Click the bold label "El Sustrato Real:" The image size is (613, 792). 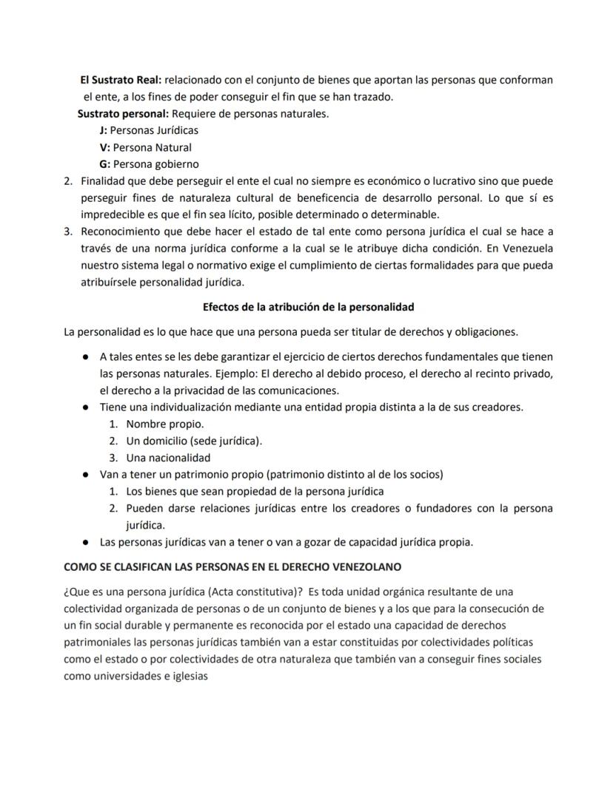[x=121, y=80]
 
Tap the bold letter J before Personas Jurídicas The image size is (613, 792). [x=103, y=130]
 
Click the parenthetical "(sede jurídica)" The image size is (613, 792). [x=226, y=441]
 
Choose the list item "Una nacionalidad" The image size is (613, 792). [x=168, y=458]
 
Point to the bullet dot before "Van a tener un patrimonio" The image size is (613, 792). [x=86, y=475]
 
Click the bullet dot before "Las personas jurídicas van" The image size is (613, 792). [x=86, y=542]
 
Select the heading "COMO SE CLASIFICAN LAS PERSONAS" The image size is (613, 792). [x=232, y=568]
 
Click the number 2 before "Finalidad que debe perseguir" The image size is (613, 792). [x=68, y=181]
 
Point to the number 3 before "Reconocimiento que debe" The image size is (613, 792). [x=68, y=231]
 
